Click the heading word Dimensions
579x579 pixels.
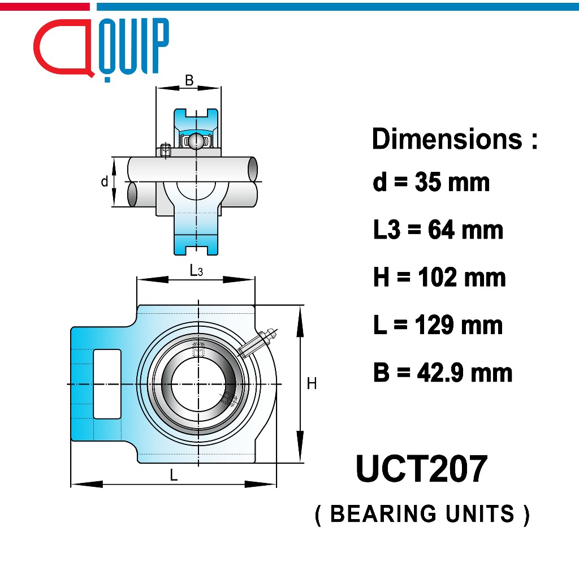point(447,139)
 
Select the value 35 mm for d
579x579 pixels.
point(452,182)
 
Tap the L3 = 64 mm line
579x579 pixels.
point(438,230)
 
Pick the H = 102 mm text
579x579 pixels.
point(439,277)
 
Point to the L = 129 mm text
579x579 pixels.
point(438,325)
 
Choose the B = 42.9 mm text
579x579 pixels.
point(443,373)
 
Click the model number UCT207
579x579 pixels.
point(422,469)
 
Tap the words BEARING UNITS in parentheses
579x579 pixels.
point(422,513)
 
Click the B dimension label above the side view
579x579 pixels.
point(189,80)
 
